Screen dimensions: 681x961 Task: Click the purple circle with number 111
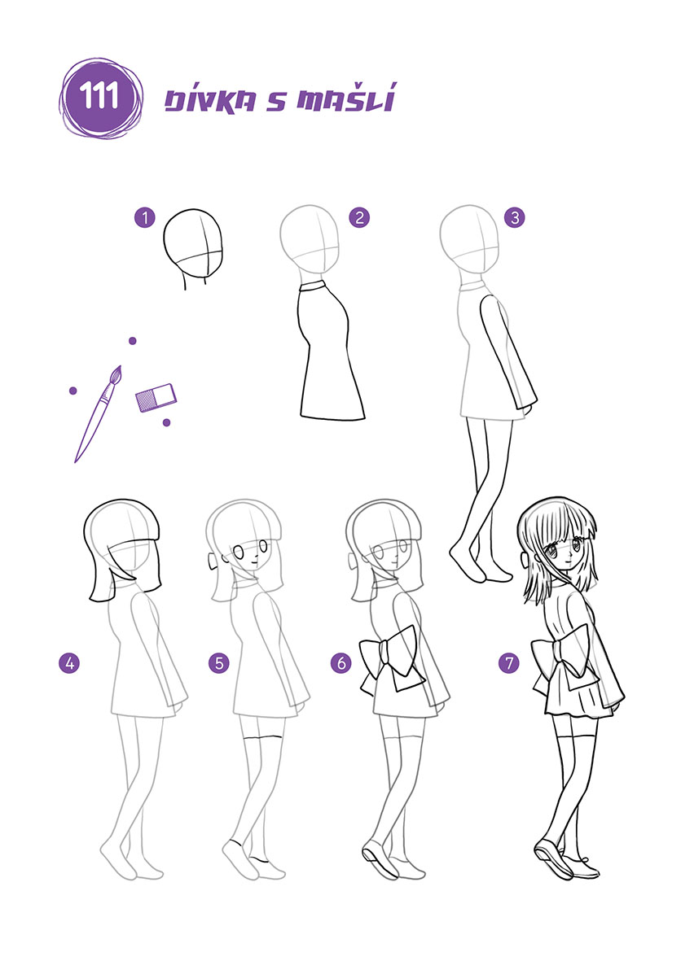[101, 98]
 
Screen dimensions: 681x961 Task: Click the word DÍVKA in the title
[210, 100]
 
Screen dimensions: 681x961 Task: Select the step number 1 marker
[145, 217]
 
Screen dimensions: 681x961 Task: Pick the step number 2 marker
[359, 217]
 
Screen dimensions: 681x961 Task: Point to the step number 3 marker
[514, 217]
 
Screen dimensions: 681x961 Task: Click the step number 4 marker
[69, 662]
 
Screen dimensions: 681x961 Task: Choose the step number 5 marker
[218, 662]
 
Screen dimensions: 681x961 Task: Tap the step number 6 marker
[342, 662]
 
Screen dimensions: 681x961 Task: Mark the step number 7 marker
[508, 662]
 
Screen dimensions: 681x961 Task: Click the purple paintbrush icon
[99, 413]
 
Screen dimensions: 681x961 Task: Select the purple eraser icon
[156, 397]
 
